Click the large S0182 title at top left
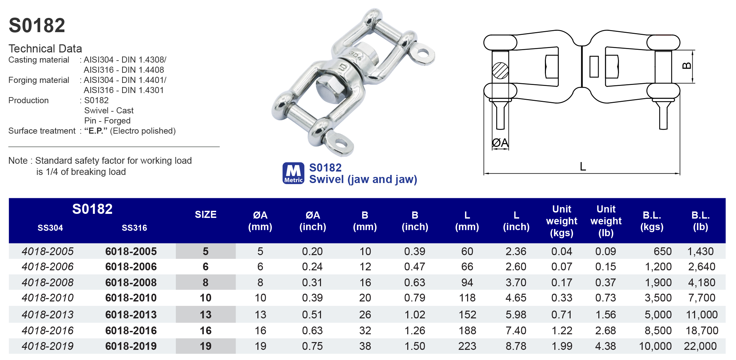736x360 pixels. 37,26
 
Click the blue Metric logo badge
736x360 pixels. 293,173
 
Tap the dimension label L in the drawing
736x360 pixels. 582,166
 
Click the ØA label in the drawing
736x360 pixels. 500,143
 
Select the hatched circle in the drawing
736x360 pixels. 500,71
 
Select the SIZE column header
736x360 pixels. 205,215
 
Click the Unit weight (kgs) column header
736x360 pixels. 561,221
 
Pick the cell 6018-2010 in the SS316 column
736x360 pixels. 131,298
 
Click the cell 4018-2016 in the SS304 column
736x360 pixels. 48,330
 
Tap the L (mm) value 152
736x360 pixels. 467,315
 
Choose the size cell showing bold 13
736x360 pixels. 205,315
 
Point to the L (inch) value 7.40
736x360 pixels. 516,330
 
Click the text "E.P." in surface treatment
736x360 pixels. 96,131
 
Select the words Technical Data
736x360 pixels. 45,49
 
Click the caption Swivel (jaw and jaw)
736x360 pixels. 363,179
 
